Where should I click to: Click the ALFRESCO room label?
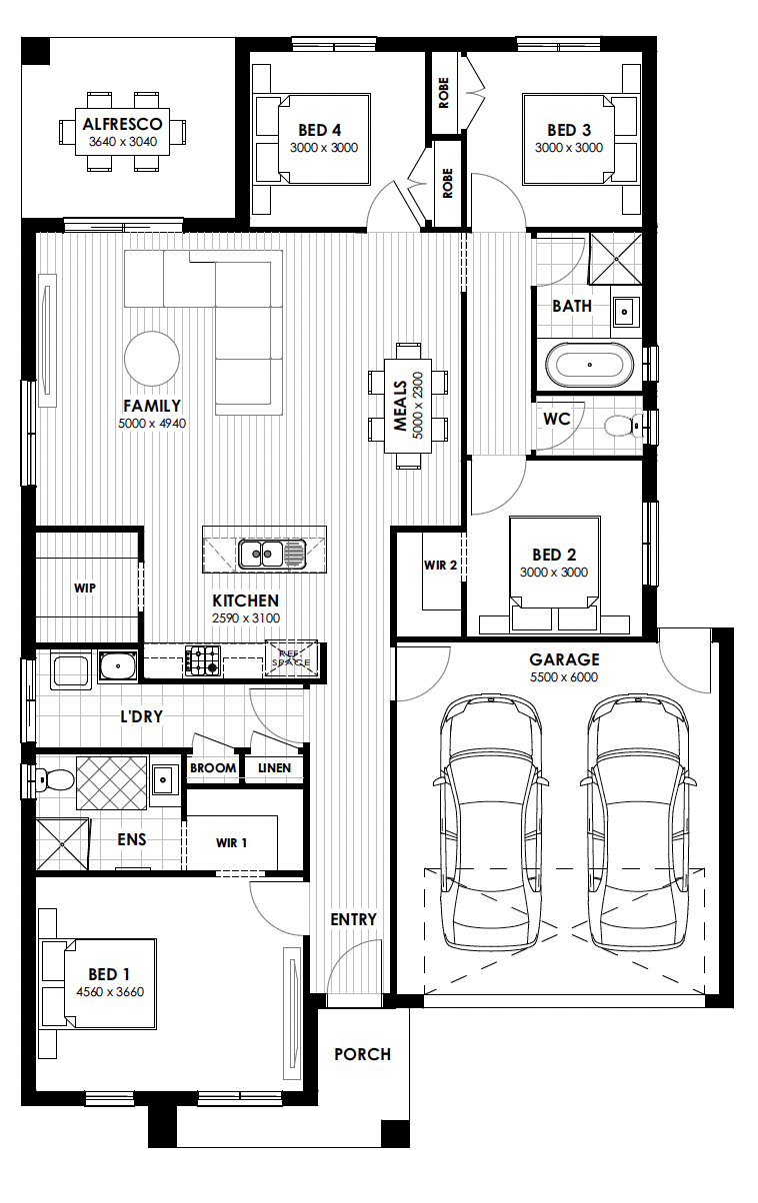pos(123,124)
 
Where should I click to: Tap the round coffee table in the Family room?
pos(152,359)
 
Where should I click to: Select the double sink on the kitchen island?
pos(271,554)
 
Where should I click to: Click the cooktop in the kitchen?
pos(203,660)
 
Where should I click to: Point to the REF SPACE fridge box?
pos(291,658)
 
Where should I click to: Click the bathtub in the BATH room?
pos(589,365)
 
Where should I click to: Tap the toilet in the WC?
pos(624,426)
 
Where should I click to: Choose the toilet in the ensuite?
pos(54,779)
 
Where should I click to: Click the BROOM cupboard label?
pos(213,768)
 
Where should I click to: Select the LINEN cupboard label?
pos(274,768)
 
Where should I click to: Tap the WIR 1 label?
pos(231,842)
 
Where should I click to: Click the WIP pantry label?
pos(85,589)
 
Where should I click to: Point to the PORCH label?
pos(362,1054)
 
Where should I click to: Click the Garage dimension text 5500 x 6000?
pos(564,677)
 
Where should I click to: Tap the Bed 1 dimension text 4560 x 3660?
pos(110,992)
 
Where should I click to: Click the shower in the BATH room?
pos(616,259)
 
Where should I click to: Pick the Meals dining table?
pos(408,406)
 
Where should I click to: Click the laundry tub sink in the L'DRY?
pos(118,666)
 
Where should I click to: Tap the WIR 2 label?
pos(440,565)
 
